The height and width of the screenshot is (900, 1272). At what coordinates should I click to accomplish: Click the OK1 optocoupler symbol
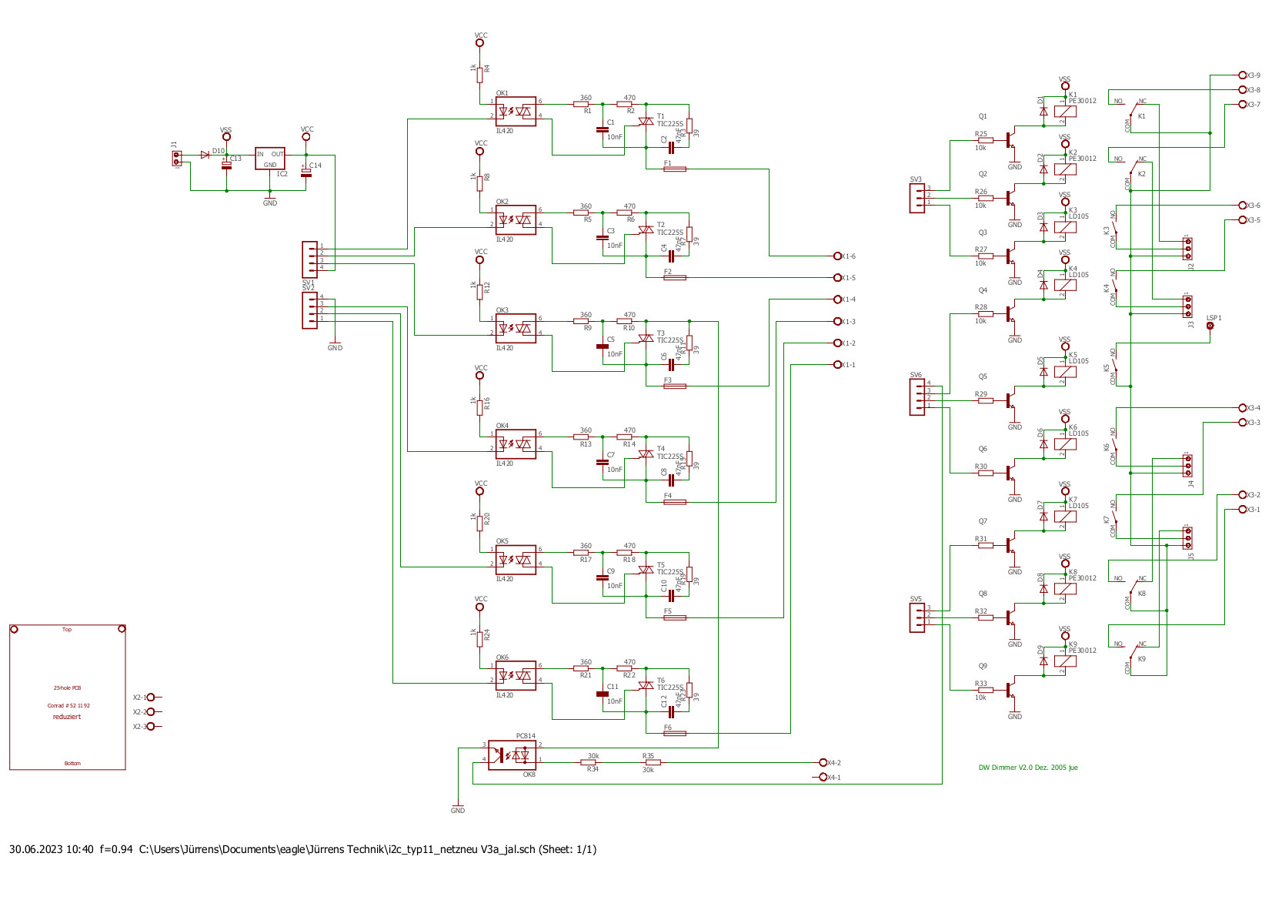coord(516,112)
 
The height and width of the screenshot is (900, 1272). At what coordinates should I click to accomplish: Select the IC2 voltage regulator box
coord(269,159)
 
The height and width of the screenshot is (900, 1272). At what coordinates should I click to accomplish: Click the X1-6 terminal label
coord(848,256)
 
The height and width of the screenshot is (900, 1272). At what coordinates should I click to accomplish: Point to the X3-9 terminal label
coord(1254,75)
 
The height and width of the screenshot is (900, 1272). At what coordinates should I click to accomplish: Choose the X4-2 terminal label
coord(833,763)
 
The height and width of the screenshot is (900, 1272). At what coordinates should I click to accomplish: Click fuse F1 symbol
coord(674,169)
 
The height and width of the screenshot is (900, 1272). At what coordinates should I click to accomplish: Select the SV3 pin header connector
coord(917,199)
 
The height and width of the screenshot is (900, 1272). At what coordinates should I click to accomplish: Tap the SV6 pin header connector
coord(917,397)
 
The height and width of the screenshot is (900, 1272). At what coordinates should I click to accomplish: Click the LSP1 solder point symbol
coord(1210,326)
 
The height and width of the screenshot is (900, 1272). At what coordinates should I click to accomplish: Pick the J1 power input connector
coord(177,158)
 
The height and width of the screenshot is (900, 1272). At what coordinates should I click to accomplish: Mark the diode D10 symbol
coord(205,155)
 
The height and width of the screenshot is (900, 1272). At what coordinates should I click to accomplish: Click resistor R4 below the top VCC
coord(479,74)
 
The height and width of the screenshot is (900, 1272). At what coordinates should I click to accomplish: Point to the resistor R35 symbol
coord(653,762)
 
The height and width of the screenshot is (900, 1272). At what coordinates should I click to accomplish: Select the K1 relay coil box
coord(1066,112)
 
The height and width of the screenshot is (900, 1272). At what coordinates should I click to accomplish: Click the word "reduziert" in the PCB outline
coord(67,717)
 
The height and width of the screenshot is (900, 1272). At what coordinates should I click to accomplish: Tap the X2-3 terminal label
coord(139,727)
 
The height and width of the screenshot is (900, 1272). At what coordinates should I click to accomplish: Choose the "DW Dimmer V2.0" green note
coord(1027,768)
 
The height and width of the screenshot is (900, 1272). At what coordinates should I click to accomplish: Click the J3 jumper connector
coord(1188,307)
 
